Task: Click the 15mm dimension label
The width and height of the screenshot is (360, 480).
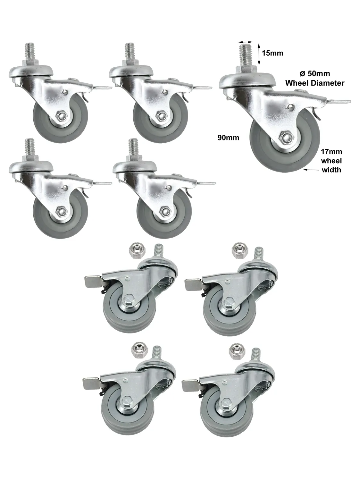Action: [x=272, y=53]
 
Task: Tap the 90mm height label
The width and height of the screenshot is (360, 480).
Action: [x=229, y=138]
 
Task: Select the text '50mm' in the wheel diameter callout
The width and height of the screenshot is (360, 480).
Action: [x=319, y=74]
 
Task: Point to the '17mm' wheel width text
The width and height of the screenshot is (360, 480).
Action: [x=331, y=152]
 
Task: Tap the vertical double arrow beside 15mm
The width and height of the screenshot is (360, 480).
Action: [x=259, y=54]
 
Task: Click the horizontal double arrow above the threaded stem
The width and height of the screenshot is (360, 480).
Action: [x=246, y=42]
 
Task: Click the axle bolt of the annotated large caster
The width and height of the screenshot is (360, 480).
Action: [x=285, y=138]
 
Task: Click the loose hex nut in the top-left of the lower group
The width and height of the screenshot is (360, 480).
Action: [x=135, y=250]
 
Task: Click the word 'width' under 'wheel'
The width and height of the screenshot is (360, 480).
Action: [x=331, y=170]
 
